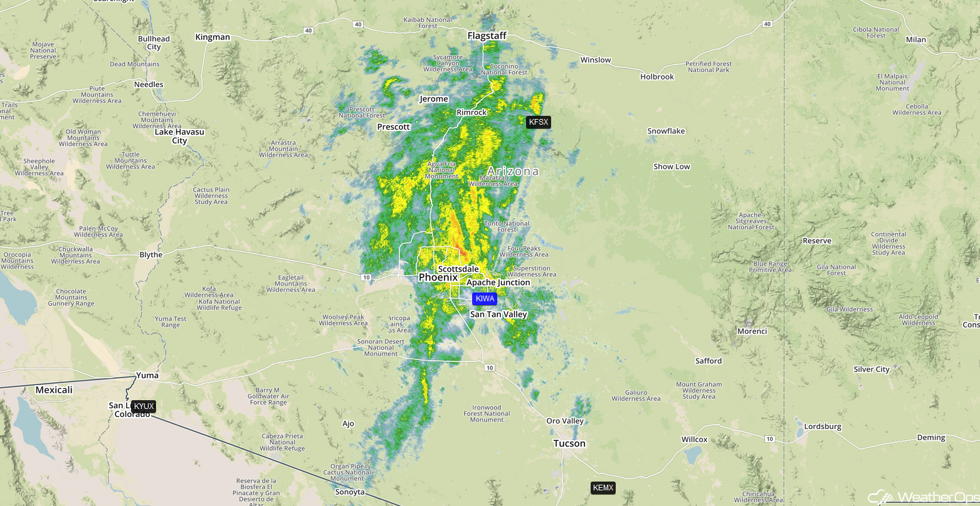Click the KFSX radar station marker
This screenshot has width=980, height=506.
coord(538,122)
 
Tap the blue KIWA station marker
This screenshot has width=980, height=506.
coord(485,299)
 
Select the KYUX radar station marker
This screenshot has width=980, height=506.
coord(144,406)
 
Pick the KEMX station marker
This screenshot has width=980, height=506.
coord(603,488)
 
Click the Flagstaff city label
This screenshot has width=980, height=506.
coord(487,36)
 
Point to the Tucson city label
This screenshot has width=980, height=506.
coord(569,443)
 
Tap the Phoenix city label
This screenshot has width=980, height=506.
coord(438,277)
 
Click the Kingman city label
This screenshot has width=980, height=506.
coord(213,37)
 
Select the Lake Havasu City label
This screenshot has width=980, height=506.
coord(179,137)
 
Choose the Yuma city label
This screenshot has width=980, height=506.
coord(147,376)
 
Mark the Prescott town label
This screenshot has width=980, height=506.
coord(393,127)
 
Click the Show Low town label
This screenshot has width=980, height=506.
coord(672,167)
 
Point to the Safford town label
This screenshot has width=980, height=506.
coord(709,361)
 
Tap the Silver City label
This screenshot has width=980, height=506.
coord(872,369)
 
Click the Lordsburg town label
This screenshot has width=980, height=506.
coord(823,427)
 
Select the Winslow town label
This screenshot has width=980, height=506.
coord(595,60)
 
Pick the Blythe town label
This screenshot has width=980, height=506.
coord(150,255)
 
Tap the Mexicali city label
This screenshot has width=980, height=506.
coord(54,390)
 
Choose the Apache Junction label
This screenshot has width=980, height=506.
coord(498,282)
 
